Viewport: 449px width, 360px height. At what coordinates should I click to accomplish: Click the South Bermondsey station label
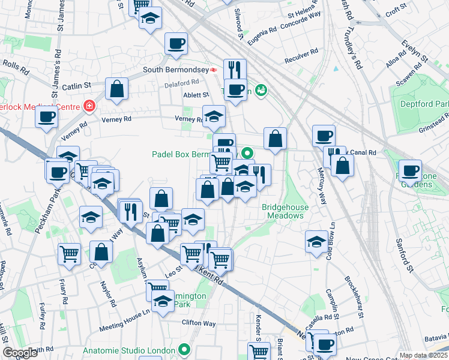[175, 70]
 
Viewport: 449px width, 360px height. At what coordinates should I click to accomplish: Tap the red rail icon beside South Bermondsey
[213, 70]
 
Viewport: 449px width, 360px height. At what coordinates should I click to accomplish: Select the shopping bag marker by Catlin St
[116, 89]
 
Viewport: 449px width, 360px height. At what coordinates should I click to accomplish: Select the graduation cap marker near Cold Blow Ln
[316, 242]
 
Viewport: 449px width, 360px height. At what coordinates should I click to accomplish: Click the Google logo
[20, 353]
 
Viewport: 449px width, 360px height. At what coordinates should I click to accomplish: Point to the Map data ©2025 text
[423, 355]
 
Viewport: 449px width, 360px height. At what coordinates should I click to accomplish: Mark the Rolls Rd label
[16, 67]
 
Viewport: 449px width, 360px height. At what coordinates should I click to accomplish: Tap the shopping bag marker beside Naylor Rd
[101, 253]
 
